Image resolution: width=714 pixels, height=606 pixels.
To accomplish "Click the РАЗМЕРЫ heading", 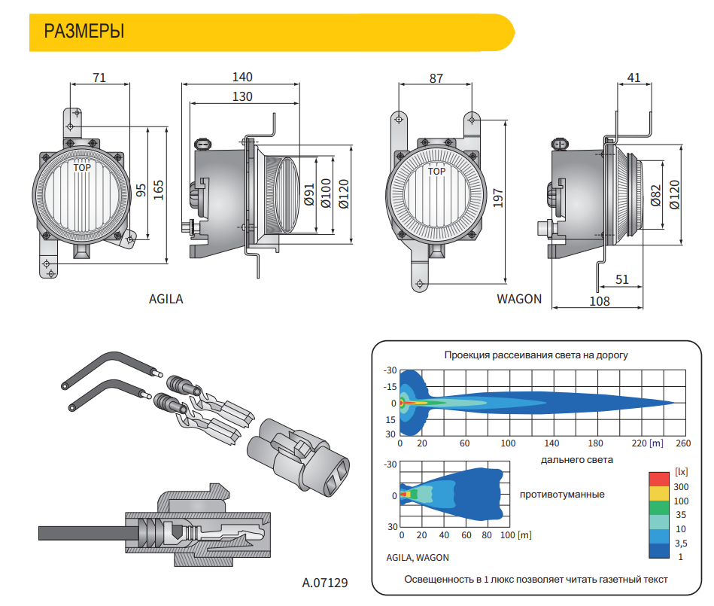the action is click(84, 32).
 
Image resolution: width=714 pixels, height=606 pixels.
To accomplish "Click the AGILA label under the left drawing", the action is click(166, 299).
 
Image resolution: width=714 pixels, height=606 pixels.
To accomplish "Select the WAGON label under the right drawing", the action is click(519, 299).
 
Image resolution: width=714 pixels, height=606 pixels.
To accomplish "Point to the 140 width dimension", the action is click(242, 77).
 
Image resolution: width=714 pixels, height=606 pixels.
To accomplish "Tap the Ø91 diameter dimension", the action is click(309, 194).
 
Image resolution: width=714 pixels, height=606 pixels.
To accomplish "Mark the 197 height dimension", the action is click(498, 198).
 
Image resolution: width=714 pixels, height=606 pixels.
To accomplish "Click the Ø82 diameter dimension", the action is click(655, 196).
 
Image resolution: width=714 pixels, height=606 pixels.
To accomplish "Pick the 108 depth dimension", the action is click(599, 301).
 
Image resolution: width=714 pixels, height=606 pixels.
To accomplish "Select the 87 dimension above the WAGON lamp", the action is click(436, 78).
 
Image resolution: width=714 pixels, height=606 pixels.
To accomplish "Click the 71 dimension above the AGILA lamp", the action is click(99, 78).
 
